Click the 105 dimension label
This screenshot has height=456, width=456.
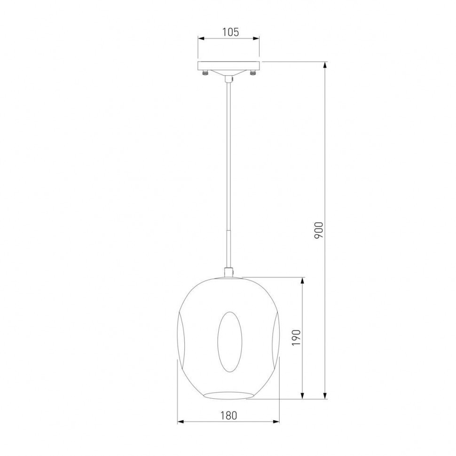pyautogui.click(x=231, y=32)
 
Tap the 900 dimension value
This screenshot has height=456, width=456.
pyautogui.click(x=319, y=230)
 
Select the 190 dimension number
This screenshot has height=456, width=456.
pyautogui.click(x=296, y=338)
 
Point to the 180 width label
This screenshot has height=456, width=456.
pyautogui.click(x=228, y=416)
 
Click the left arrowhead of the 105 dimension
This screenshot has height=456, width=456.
pyautogui.click(x=201, y=39)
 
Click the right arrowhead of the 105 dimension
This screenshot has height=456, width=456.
pyautogui.click(x=256, y=39)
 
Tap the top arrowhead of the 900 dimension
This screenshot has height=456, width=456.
pyautogui.click(x=325, y=65)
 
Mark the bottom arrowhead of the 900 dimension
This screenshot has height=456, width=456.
pyautogui.click(x=325, y=395)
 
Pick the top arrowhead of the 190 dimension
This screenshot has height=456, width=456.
pyautogui.click(x=303, y=281)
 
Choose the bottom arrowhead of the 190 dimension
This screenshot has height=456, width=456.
pyautogui.click(x=303, y=395)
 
